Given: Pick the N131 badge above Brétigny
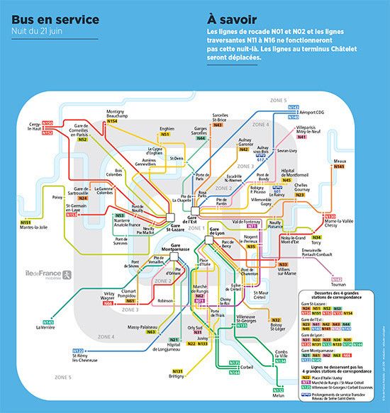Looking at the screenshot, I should click(x=177, y=370).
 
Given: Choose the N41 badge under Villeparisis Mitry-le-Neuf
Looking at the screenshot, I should click(x=302, y=137).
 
